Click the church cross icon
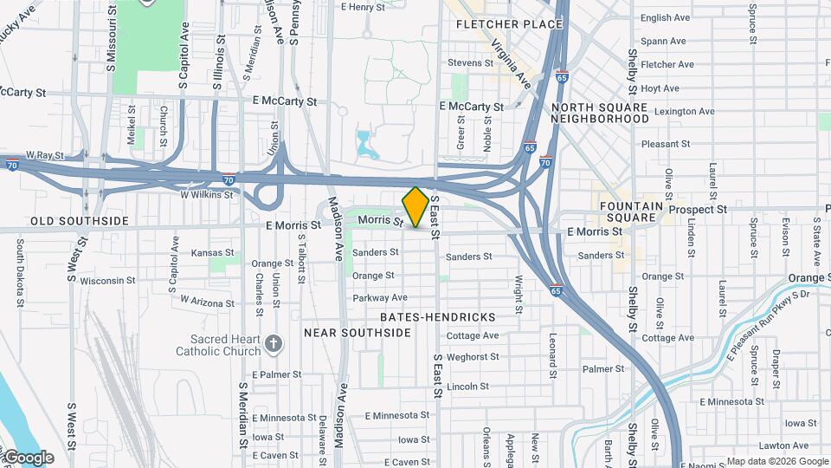coord(274,345)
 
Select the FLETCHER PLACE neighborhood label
coord(509,24)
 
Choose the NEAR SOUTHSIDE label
coord(357,333)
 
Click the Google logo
coord(28,458)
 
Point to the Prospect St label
coord(698,210)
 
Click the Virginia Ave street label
coord(511,63)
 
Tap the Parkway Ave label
coord(379,297)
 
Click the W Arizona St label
coord(208,301)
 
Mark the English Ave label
coord(665,17)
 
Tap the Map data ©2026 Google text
coord(777,461)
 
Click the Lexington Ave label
coord(684,111)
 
